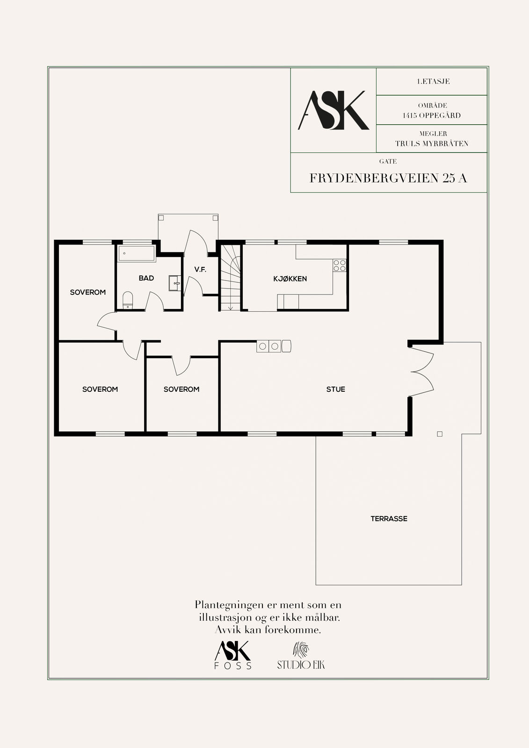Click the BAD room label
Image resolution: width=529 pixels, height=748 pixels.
coord(146,278)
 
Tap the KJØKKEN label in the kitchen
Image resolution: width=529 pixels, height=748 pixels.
coord(290,279)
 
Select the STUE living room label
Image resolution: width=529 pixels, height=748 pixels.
coord(335,389)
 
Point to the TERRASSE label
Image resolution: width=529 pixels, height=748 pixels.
coord(389,519)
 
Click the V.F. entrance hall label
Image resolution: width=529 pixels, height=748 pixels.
coord(200,269)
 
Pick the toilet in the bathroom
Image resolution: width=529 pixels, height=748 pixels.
coord(128,300)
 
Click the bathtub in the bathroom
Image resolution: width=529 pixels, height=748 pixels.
coord(137,253)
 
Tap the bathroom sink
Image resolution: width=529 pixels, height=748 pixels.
coord(175,283)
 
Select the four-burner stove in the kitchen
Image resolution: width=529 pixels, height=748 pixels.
coord(339,266)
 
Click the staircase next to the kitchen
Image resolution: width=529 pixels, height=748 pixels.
coord(231,278)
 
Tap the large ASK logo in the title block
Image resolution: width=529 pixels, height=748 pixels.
coord(333,110)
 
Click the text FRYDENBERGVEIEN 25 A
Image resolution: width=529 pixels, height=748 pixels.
coord(388,178)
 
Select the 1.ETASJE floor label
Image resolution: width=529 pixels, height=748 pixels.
coord(434,81)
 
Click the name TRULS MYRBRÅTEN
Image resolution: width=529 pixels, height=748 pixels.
coord(432,144)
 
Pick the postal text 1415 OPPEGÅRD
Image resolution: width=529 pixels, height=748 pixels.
coord(432,115)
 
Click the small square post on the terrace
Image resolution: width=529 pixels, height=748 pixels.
coord(440,434)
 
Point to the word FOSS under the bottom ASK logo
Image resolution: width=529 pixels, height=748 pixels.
coord(233,666)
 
